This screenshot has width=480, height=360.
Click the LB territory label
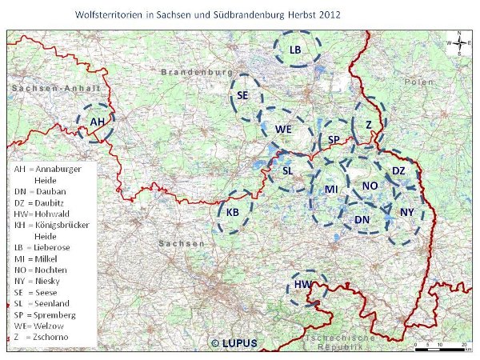tap(295, 50)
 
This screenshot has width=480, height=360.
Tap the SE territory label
tap(243, 95)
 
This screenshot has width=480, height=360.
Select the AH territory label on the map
tap(98, 121)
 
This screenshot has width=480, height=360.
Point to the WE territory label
tap(282, 129)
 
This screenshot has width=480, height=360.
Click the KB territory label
tap(232, 212)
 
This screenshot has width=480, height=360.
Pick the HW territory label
tap(302, 286)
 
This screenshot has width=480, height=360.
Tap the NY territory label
tap(407, 212)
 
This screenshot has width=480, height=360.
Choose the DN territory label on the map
tap(362, 219)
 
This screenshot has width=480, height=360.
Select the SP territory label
tap(335, 141)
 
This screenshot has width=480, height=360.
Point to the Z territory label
tap(368, 125)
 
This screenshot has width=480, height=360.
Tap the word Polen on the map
tap(420, 82)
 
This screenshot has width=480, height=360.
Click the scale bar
tap(441, 345)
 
